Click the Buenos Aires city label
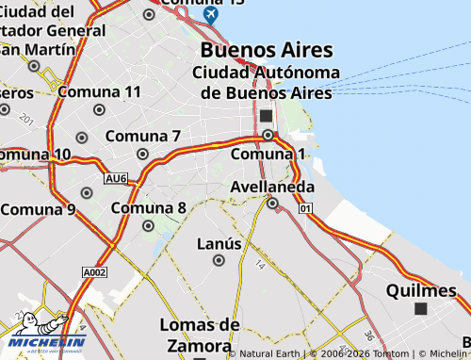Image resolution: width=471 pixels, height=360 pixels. [267, 49]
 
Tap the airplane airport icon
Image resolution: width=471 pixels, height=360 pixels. [209, 15]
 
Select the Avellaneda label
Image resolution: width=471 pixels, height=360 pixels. [272, 187]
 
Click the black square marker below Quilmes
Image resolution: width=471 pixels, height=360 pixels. [420, 308]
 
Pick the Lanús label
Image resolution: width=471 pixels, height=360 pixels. [219, 244]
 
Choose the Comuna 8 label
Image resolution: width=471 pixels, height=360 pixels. [148, 208]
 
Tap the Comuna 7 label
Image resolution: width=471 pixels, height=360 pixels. [143, 137]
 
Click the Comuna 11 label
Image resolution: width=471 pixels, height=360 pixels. [100, 91]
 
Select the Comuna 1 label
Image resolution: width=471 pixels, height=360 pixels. [268, 154]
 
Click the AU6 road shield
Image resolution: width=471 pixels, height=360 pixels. [116, 177]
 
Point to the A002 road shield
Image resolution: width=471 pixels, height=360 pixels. [95, 272]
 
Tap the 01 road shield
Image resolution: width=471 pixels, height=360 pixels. [305, 208]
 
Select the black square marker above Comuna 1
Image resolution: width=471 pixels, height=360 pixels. [267, 115]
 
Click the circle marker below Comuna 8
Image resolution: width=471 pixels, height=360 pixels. [148, 225]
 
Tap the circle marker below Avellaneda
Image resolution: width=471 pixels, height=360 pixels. [272, 203]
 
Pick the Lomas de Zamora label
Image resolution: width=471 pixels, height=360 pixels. [199, 335]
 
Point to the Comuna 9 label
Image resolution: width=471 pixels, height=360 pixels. [38, 209]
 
